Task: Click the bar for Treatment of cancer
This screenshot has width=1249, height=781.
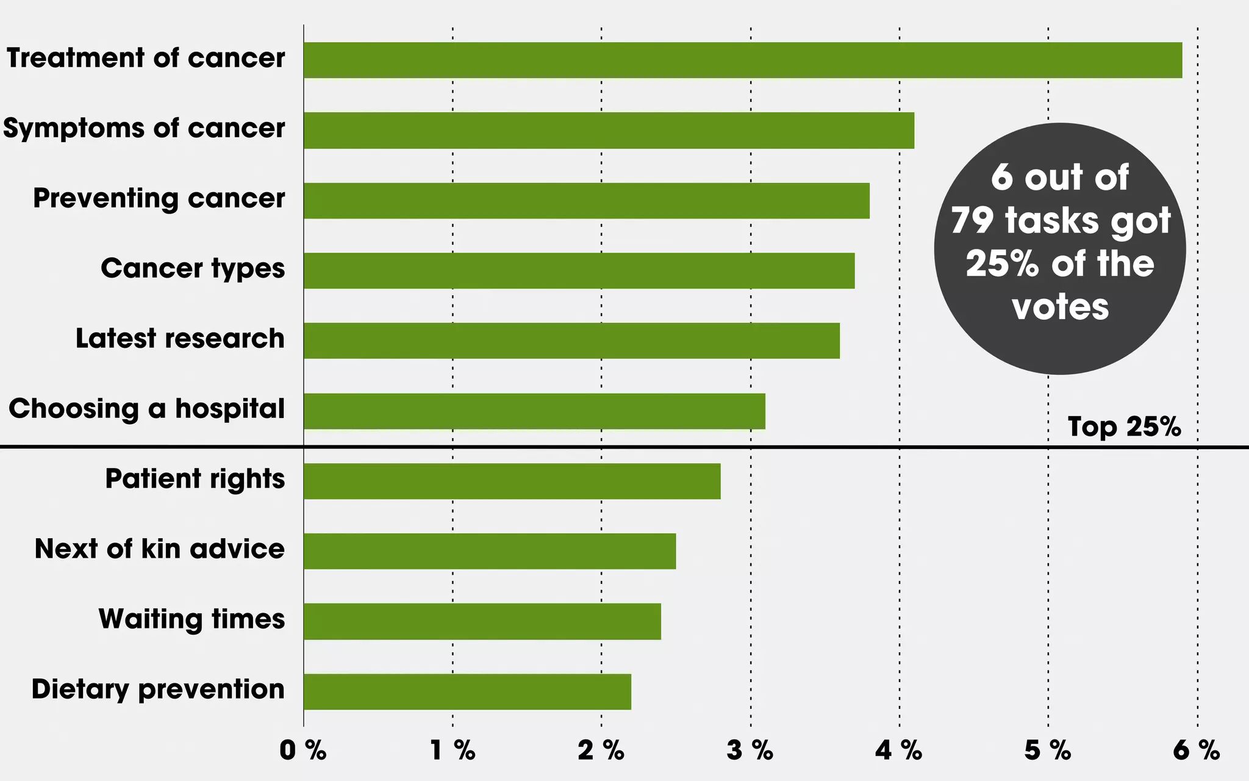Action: [x=742, y=60]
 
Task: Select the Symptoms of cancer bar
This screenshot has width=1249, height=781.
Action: [x=609, y=131]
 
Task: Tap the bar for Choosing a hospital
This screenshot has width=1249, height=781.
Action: [x=534, y=411]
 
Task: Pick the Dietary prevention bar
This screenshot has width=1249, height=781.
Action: [x=467, y=691]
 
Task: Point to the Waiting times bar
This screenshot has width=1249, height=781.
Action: [x=482, y=621]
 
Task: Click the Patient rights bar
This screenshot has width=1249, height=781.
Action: [x=512, y=481]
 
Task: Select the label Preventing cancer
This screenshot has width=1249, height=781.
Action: [x=159, y=199]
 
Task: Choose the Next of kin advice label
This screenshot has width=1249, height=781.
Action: [x=159, y=549]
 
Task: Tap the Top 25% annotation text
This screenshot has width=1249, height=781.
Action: [x=1124, y=427]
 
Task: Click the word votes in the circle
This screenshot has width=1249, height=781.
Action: [x=1060, y=307]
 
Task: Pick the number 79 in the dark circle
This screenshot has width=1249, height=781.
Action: [x=972, y=220]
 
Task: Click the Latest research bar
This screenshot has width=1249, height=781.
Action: [x=571, y=341]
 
